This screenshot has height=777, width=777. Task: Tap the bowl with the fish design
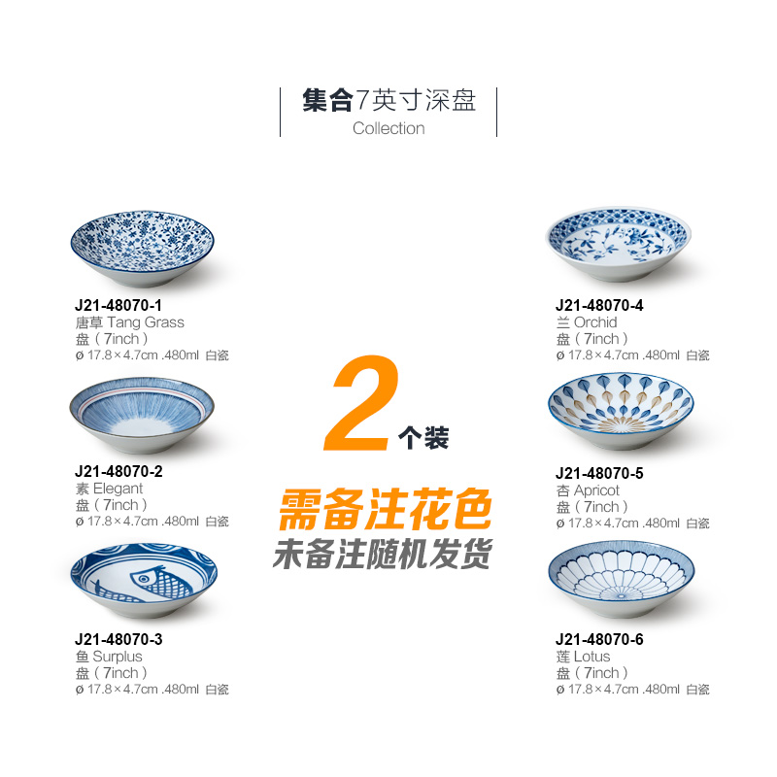point(143,583)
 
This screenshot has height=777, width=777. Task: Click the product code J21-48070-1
point(118,305)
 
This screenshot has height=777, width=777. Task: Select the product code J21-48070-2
point(118,472)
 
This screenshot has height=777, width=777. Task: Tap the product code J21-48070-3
point(118,639)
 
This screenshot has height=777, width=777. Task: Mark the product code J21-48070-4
point(599,305)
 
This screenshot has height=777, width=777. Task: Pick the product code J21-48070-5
point(599,473)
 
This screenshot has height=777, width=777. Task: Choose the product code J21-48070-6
point(599,639)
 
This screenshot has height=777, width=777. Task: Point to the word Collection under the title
point(388,128)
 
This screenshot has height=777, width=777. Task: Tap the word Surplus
point(118,657)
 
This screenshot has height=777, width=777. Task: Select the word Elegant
point(118,489)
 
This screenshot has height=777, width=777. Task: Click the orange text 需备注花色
point(385,507)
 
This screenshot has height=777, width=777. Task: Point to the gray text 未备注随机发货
point(382,554)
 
